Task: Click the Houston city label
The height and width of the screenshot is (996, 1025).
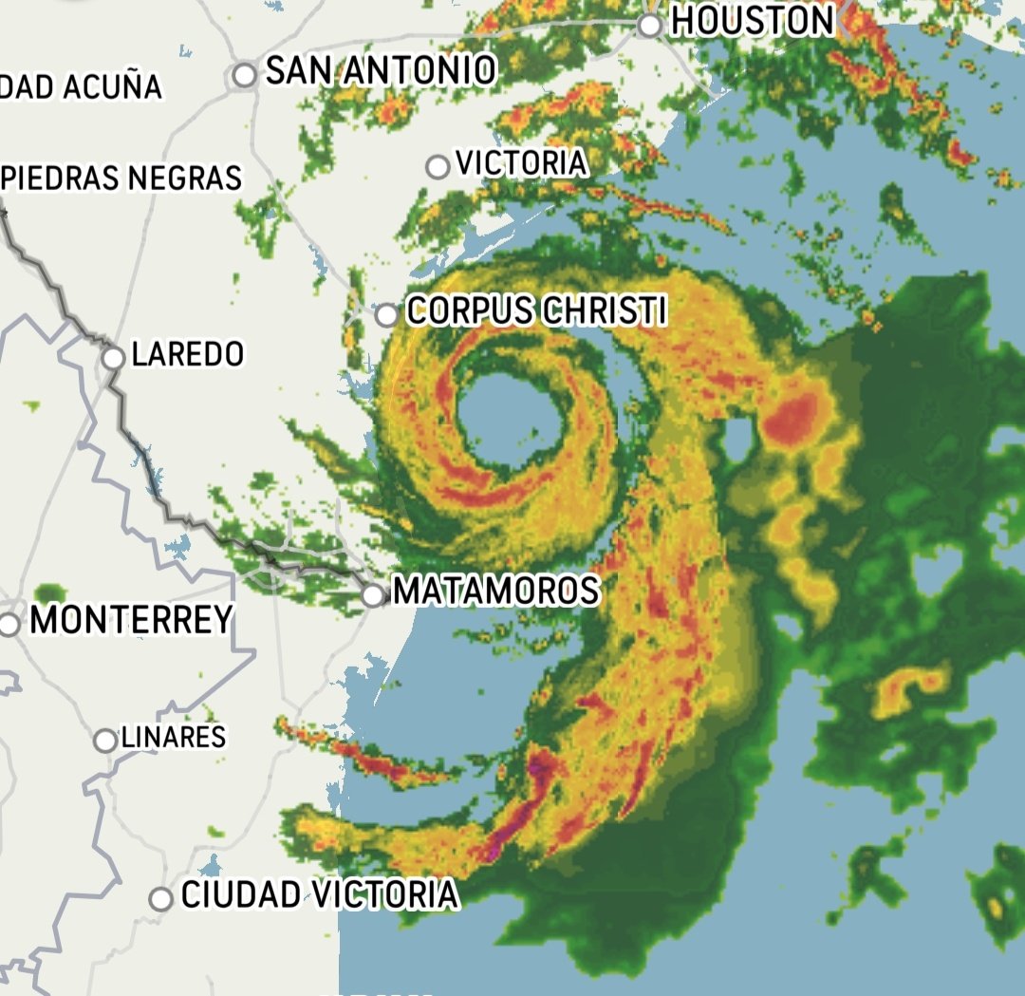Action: [x=752, y=20]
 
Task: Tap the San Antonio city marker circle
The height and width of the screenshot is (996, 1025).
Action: [x=245, y=74]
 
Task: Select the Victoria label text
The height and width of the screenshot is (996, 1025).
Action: [x=521, y=163]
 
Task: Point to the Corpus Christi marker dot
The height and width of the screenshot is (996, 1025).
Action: [x=386, y=314]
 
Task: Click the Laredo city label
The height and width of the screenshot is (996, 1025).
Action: [x=187, y=355]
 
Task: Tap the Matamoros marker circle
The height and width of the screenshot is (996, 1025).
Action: [x=374, y=595]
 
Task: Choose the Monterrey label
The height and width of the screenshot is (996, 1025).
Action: [x=131, y=620]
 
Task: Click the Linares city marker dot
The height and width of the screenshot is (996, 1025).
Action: [x=104, y=741]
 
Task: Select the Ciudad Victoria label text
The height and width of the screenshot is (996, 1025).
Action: [x=319, y=894]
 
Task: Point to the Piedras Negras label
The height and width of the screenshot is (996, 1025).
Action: [x=121, y=178]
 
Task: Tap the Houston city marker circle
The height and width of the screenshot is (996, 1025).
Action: [x=650, y=26]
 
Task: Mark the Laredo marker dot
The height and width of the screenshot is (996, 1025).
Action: [x=113, y=358]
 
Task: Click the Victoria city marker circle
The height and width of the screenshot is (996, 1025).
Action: [x=437, y=167]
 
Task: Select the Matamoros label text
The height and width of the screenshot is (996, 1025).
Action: [x=495, y=591]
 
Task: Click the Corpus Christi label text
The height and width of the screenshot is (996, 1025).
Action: [x=535, y=310]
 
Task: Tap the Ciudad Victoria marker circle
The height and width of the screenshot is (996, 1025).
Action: [x=161, y=897]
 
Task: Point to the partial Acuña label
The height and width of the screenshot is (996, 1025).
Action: [x=81, y=86]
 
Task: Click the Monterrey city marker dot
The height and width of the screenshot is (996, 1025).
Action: [x=9, y=625]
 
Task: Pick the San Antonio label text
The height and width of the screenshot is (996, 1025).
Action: [x=380, y=70]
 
